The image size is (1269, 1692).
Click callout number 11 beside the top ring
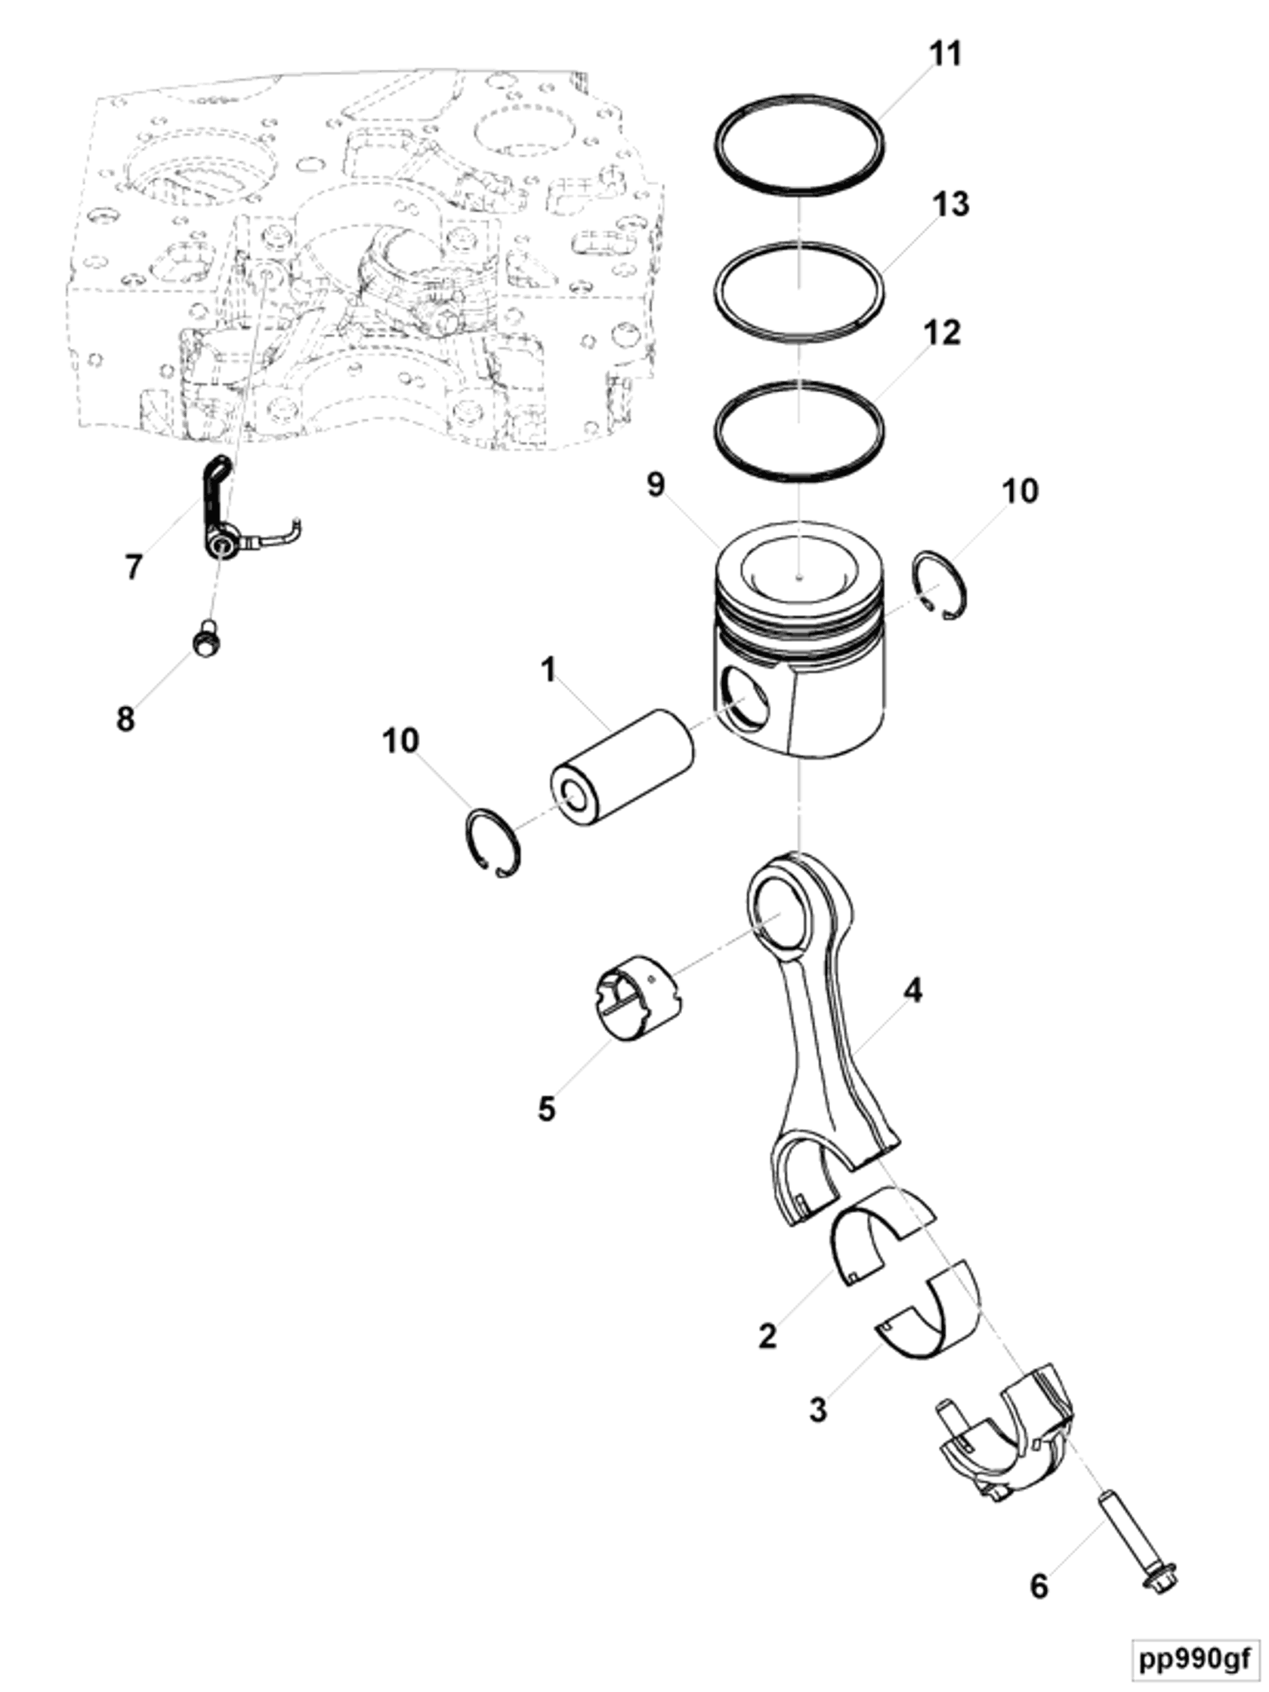944,54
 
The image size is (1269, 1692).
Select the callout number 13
950,204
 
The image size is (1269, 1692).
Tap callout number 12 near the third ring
941,333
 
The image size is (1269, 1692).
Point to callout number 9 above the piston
656,485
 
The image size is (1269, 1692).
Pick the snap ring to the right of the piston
940,585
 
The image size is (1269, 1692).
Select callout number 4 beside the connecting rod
912,991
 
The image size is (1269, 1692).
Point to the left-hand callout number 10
401,741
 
